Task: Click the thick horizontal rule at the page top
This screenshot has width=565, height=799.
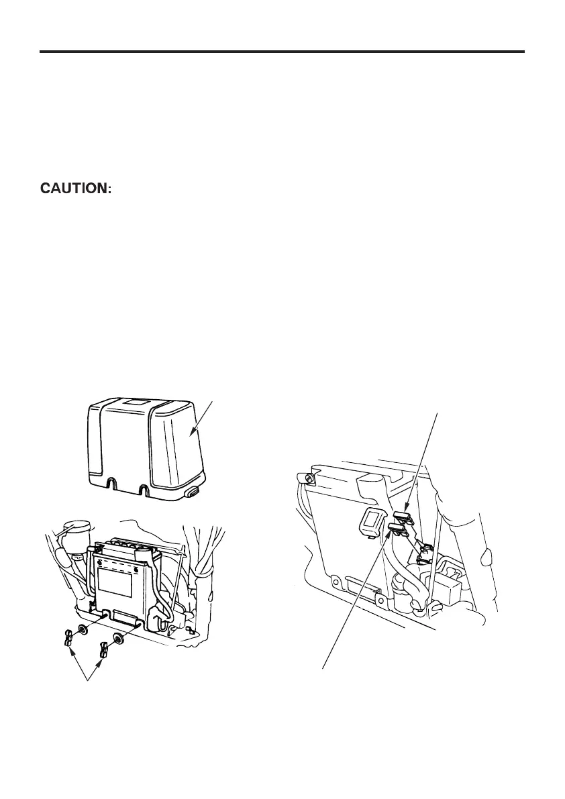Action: click(x=282, y=51)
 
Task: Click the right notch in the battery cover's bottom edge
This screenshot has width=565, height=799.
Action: click(x=144, y=489)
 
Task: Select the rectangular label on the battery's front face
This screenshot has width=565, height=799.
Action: click(x=115, y=576)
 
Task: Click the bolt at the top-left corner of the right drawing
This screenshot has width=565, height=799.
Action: click(x=307, y=478)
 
